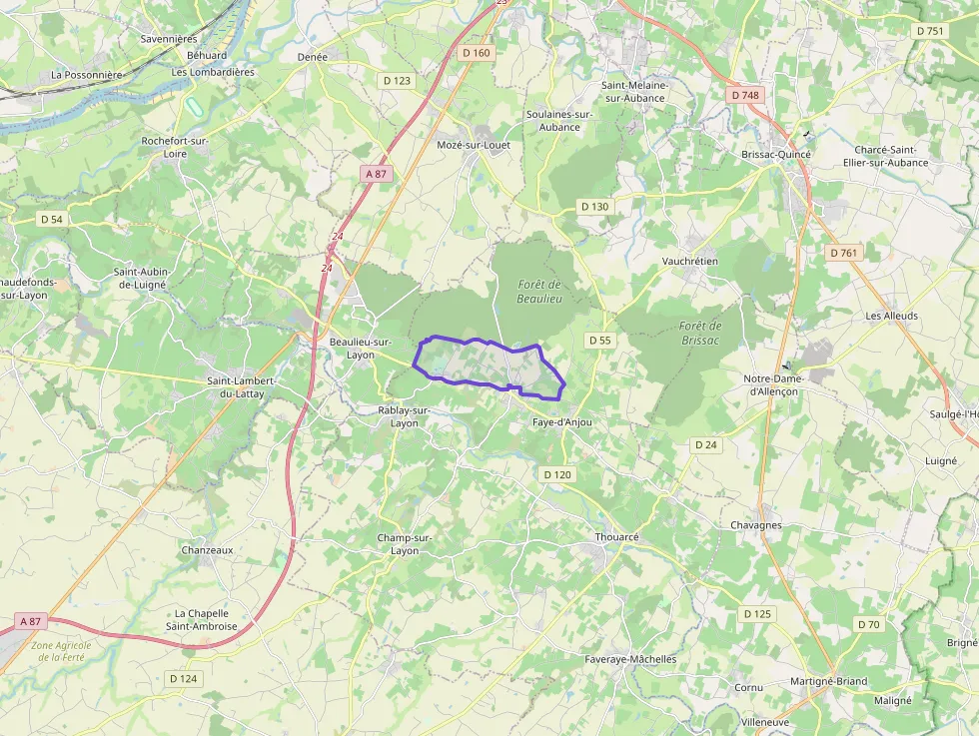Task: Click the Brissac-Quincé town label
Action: [776, 155]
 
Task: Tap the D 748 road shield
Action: [745, 95]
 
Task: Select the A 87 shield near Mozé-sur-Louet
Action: [376, 174]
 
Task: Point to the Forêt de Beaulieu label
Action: [540, 292]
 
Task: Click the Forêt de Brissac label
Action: [699, 333]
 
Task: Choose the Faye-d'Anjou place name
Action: [561, 422]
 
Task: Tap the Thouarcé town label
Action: [616, 536]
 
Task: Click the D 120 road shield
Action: [556, 474]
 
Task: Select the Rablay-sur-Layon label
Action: [405, 416]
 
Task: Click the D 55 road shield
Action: [599, 341]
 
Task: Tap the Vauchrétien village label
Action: [690, 261]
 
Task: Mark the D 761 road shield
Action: [843, 253]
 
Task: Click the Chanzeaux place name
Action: [207, 549]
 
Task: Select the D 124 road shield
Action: [184, 678]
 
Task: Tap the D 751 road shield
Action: [929, 31]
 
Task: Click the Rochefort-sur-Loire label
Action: [175, 148]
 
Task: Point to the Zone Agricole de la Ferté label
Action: [61, 651]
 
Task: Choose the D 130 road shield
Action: [593, 207]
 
